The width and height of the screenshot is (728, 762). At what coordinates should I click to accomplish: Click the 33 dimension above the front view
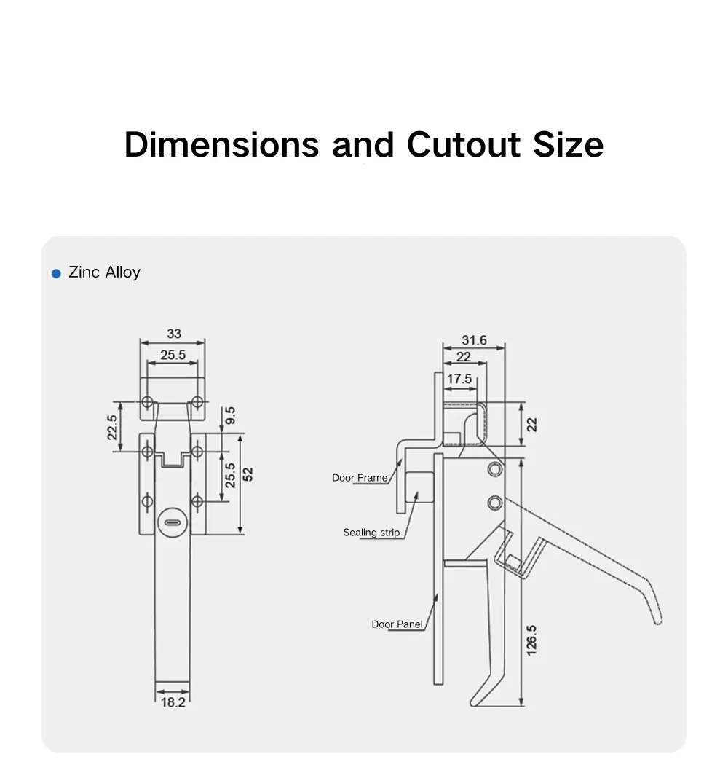173,334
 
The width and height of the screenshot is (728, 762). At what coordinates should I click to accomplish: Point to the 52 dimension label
248,474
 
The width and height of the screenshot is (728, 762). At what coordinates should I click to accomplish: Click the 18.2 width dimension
173,702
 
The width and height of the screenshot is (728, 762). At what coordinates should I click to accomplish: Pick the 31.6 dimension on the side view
474,340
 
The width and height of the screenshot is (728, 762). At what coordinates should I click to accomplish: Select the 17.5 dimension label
459,379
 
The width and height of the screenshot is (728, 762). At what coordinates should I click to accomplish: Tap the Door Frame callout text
360,478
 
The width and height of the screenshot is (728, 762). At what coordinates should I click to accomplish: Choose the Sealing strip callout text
371,533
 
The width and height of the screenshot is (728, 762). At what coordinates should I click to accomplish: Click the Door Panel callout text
397,624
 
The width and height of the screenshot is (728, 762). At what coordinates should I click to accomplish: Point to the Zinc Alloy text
104,272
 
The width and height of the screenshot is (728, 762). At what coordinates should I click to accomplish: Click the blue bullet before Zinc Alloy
56,273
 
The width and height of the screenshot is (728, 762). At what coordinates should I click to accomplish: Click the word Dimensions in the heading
221,144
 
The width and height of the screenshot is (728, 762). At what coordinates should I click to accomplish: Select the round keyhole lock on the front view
173,522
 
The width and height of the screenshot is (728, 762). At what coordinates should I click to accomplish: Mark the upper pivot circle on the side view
495,468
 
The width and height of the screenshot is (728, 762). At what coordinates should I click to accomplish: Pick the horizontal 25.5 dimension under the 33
173,356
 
